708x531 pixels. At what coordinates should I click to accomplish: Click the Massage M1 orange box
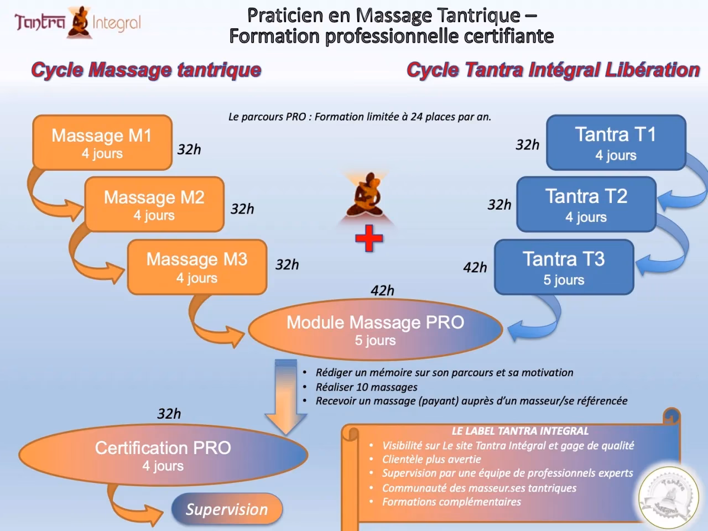(102, 143)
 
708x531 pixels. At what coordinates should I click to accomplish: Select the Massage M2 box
(154, 205)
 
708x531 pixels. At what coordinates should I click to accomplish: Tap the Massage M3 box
(197, 267)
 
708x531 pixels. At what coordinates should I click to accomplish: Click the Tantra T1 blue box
(616, 143)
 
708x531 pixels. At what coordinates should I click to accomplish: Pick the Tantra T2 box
(586, 205)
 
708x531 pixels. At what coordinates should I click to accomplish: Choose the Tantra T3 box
(564, 267)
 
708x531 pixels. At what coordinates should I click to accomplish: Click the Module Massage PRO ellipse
(375, 330)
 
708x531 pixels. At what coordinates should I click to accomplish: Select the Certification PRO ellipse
(163, 455)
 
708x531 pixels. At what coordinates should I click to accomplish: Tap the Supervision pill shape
(227, 509)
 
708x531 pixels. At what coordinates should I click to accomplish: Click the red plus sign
(369, 240)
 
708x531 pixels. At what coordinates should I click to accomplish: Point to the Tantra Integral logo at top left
(78, 22)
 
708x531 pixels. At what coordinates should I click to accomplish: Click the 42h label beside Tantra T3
(475, 268)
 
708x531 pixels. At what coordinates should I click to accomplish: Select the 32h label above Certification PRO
(169, 414)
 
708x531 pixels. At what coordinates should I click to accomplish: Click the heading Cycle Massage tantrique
(146, 70)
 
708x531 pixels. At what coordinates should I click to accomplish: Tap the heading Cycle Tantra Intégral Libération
(553, 70)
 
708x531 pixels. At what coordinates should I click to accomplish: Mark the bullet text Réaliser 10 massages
(366, 387)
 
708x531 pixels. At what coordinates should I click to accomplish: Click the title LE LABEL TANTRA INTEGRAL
(520, 431)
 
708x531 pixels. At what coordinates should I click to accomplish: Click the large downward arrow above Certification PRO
(285, 395)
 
